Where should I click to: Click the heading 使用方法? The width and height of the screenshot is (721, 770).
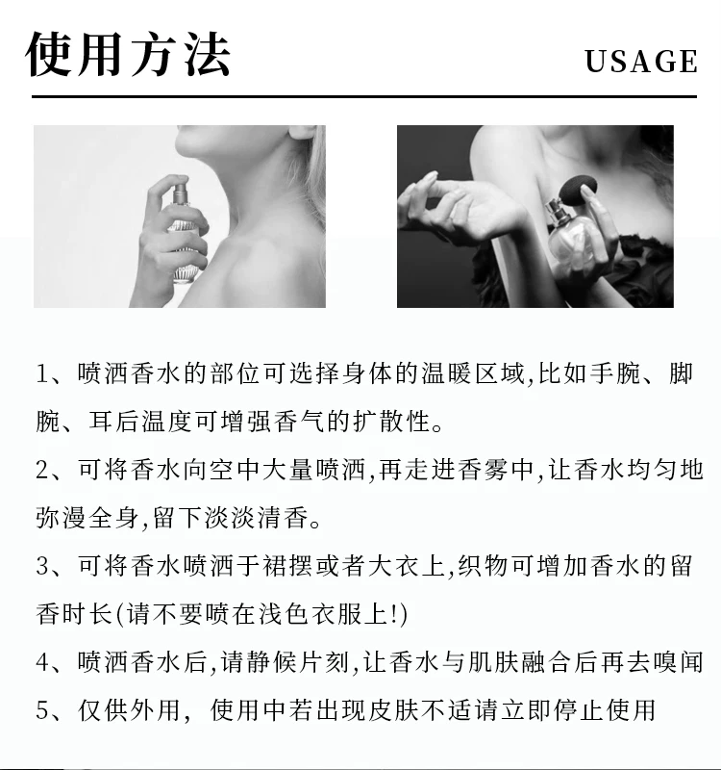pos(128,54)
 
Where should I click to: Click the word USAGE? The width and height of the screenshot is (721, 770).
pos(641,62)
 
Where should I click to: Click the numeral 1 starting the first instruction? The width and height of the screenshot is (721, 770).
pos(42,373)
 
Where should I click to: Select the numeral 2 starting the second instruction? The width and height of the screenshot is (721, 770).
pos(42,470)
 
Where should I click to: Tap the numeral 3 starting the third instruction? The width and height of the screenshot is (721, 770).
pos(42,566)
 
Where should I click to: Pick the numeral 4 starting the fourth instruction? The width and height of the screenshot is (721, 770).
pos(42,662)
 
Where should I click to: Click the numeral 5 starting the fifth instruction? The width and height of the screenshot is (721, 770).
pos(42,710)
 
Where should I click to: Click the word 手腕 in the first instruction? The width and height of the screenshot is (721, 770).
pos(615,373)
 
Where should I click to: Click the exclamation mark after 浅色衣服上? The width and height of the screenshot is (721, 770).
pos(396,614)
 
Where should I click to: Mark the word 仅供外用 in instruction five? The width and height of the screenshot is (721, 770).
pos(129,710)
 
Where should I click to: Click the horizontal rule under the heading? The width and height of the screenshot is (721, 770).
pos(364,97)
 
